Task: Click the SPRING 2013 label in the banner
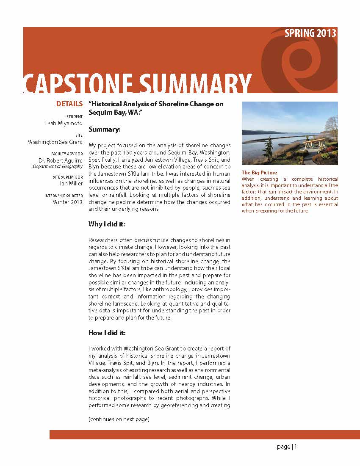(310, 33)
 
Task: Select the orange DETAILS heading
(69, 104)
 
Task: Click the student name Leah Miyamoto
(64, 124)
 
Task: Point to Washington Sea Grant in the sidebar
(55, 142)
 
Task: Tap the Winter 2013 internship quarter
(68, 202)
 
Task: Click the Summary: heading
(104, 129)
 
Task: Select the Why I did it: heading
(107, 224)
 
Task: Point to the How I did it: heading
(107, 333)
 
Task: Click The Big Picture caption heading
(259, 173)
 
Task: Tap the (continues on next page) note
(119, 419)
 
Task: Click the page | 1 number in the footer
(287, 447)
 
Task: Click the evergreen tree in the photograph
(269, 148)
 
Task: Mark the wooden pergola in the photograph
(315, 143)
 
